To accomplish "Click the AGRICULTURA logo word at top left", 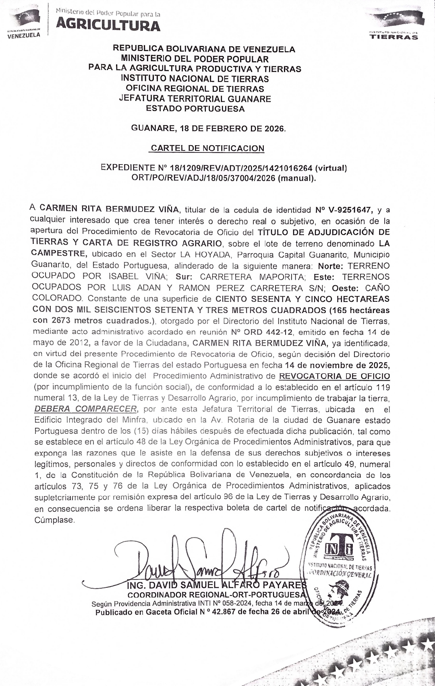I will pos(108,25).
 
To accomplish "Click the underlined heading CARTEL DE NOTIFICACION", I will pos(207,148).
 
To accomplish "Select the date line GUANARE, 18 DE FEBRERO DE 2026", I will pos(208,129).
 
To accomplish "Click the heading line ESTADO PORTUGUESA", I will pos(195,109).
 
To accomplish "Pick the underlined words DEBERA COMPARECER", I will pos(86,409).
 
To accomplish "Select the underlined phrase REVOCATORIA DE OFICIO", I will pos(334,376).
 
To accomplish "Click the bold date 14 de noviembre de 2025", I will pos(337,365).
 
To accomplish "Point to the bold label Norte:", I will pos(331,266).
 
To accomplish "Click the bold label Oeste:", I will pos(346,288).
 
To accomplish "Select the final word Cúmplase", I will pos(54,520).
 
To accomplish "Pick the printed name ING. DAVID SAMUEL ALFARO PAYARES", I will pos(217,585).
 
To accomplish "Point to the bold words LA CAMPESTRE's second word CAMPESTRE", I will pos(59,254).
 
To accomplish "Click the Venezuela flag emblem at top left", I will pos(25,18).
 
